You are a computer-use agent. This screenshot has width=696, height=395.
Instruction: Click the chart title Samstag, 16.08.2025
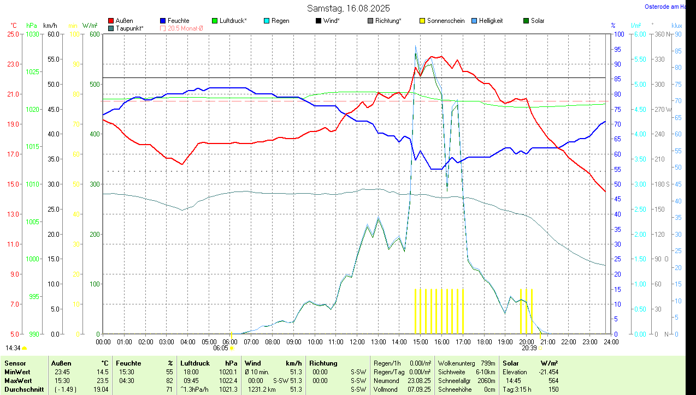point(348,8)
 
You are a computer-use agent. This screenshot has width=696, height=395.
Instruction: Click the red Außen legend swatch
point(111,21)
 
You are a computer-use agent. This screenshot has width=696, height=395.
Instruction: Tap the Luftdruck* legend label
point(233,21)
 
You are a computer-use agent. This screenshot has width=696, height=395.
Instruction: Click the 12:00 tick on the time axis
point(357,342)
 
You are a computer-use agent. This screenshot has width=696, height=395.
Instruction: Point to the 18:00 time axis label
point(483,342)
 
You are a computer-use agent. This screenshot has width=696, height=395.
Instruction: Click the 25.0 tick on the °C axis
point(12,34)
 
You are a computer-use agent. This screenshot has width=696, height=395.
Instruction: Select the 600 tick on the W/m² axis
point(94,34)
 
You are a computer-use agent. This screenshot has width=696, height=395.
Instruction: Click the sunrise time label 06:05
point(220,348)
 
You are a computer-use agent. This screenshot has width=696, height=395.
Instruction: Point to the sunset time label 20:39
point(528,348)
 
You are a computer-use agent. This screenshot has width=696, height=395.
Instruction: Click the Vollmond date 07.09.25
point(418,390)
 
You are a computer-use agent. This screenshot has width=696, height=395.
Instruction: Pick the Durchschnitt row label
point(24,390)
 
